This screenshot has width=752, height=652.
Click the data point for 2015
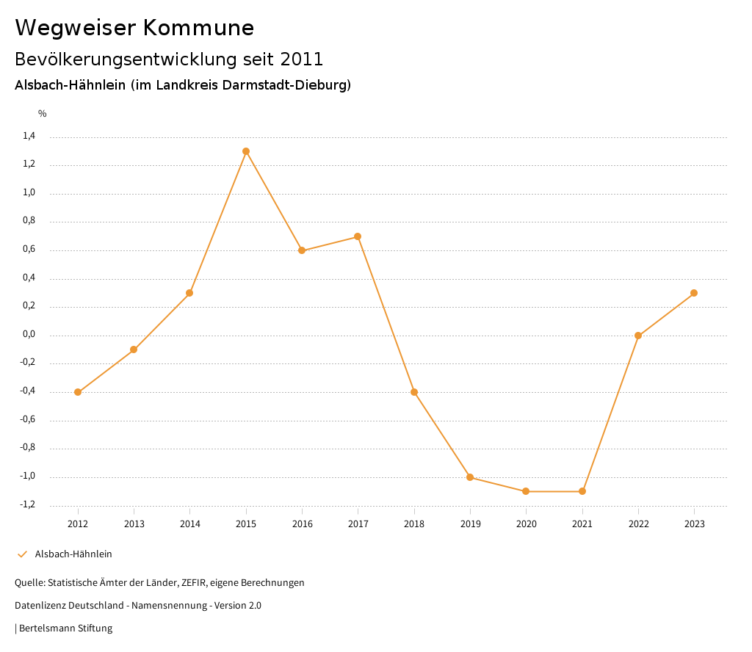tap(246, 151)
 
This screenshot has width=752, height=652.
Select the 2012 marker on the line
tap(78, 392)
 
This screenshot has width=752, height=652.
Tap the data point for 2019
tap(470, 477)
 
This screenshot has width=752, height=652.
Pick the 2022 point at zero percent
tap(638, 336)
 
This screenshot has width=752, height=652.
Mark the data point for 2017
tap(358, 236)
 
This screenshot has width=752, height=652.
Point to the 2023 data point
tap(694, 293)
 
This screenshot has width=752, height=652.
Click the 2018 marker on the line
tap(414, 392)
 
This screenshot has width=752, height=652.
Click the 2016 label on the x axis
tap(302, 524)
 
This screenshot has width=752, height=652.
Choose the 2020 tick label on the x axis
tap(526, 524)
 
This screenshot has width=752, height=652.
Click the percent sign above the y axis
tap(43, 114)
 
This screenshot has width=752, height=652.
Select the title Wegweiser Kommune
tap(134, 28)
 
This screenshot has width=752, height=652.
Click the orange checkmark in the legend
tap(22, 554)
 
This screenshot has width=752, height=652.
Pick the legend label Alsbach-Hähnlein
tap(73, 554)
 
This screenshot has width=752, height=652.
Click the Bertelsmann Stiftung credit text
tap(65, 629)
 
